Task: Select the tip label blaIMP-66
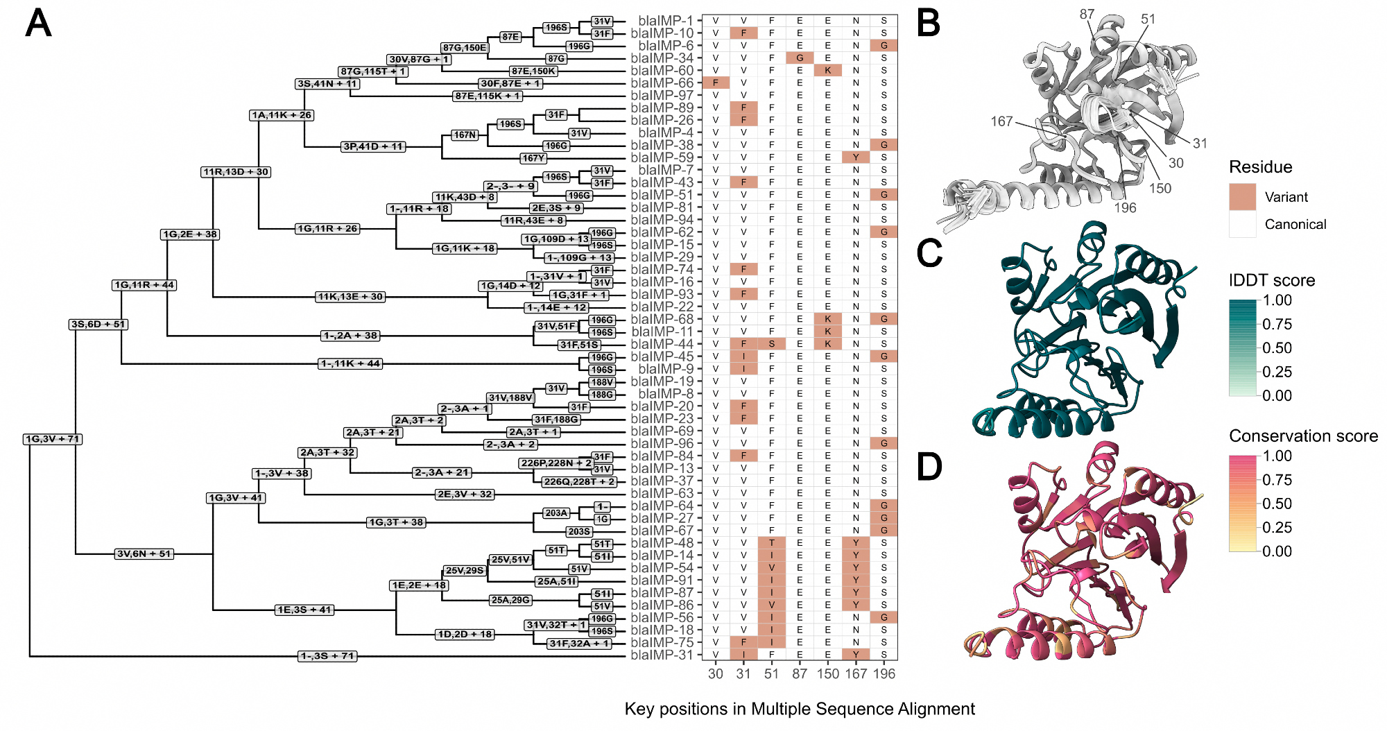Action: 662,83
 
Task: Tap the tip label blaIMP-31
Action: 662,655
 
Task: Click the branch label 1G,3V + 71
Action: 53,439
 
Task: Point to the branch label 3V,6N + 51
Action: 144,553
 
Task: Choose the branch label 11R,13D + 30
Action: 236,172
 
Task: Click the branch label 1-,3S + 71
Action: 328,655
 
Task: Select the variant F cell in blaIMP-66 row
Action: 716,83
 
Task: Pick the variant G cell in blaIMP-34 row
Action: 800,58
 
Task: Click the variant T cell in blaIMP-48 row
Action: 771,543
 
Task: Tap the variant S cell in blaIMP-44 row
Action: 771,344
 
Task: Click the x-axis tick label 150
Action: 827,673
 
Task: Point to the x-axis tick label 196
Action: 884,673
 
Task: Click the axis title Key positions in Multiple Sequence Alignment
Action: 800,709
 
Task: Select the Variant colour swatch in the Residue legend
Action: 1242,197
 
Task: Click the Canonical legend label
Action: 1295,224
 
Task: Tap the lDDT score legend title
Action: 1272,280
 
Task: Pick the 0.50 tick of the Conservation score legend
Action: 1277,504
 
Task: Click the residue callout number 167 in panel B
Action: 1001,121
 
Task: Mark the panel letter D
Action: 930,466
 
